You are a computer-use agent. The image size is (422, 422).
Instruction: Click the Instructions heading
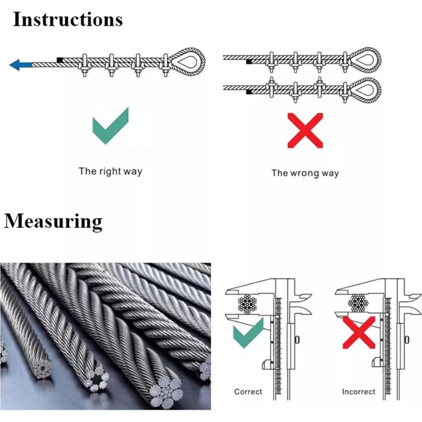pyautogui.click(x=67, y=20)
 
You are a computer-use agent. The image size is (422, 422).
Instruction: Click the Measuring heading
pyautogui.click(x=53, y=221)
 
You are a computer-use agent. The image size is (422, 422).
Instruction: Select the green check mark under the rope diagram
pyautogui.click(x=110, y=126)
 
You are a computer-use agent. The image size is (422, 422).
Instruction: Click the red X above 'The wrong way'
pyautogui.click(x=305, y=131)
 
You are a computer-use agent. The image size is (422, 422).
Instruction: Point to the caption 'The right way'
pyautogui.click(x=110, y=171)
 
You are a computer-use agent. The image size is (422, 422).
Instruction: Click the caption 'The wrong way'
pyautogui.click(x=305, y=173)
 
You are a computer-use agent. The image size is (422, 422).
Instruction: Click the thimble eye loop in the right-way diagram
pyautogui.click(x=189, y=61)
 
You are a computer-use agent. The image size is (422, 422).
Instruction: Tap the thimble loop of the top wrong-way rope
pyautogui.click(x=365, y=59)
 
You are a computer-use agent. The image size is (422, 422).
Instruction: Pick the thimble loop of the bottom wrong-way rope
pyautogui.click(x=365, y=89)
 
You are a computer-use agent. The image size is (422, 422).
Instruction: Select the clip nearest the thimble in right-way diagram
pyautogui.click(x=165, y=65)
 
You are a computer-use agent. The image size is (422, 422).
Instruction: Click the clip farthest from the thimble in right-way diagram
pyautogui.click(x=84, y=65)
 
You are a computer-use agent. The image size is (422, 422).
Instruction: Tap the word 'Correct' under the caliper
pyautogui.click(x=248, y=392)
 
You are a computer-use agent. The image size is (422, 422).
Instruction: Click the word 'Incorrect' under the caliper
pyautogui.click(x=358, y=392)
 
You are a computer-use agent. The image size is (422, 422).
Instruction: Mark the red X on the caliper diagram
pyautogui.click(x=359, y=333)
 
